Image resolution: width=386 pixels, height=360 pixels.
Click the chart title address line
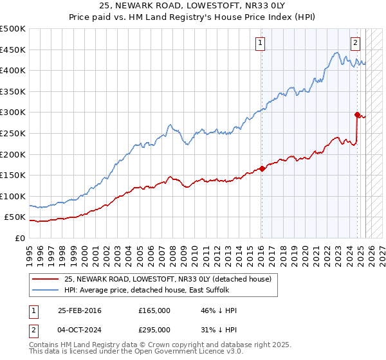point(192,6)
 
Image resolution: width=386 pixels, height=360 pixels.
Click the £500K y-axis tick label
point(13,29)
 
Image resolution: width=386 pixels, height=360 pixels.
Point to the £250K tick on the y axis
point(13,133)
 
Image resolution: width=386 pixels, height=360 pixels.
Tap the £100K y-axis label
point(13,196)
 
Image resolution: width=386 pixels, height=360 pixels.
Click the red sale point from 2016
point(262,169)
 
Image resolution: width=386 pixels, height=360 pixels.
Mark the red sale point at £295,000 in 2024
point(357,114)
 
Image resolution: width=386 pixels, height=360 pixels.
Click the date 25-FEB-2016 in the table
point(80,310)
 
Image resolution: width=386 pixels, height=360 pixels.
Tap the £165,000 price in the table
point(154,310)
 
